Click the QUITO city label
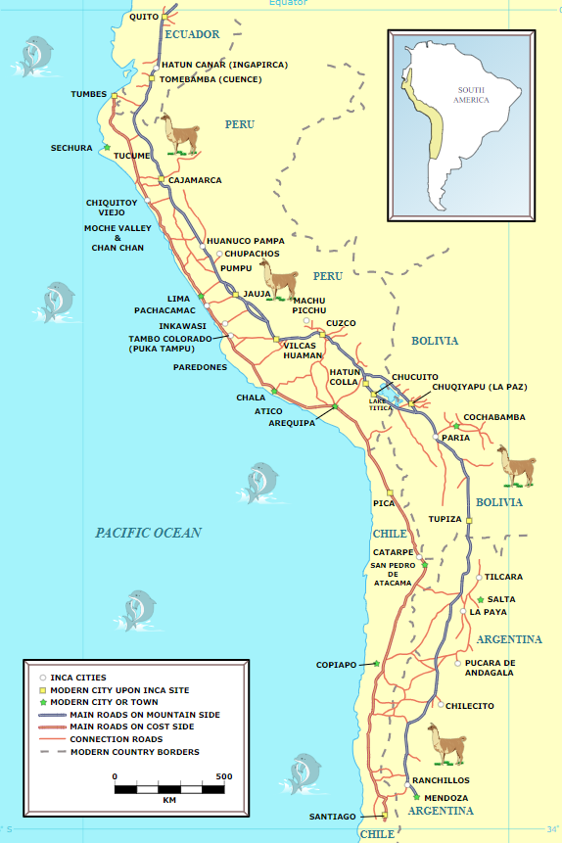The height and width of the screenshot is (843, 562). point(143,17)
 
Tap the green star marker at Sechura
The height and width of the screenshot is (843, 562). point(106,148)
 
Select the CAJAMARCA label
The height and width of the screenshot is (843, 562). point(195,180)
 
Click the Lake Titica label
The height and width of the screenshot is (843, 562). point(381,403)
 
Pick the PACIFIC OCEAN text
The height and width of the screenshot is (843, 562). point(148,533)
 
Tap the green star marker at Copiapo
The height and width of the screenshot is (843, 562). point(376,663)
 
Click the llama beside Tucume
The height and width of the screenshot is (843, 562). point(179,134)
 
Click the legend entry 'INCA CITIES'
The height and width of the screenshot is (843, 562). point(78,678)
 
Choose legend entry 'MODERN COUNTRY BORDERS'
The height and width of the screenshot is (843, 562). point(134,752)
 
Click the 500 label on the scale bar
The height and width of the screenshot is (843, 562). point(223,776)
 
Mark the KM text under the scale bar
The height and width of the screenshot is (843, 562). point(169,800)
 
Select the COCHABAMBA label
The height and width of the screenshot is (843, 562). point(494,417)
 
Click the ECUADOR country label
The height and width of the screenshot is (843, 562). point(192,34)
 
